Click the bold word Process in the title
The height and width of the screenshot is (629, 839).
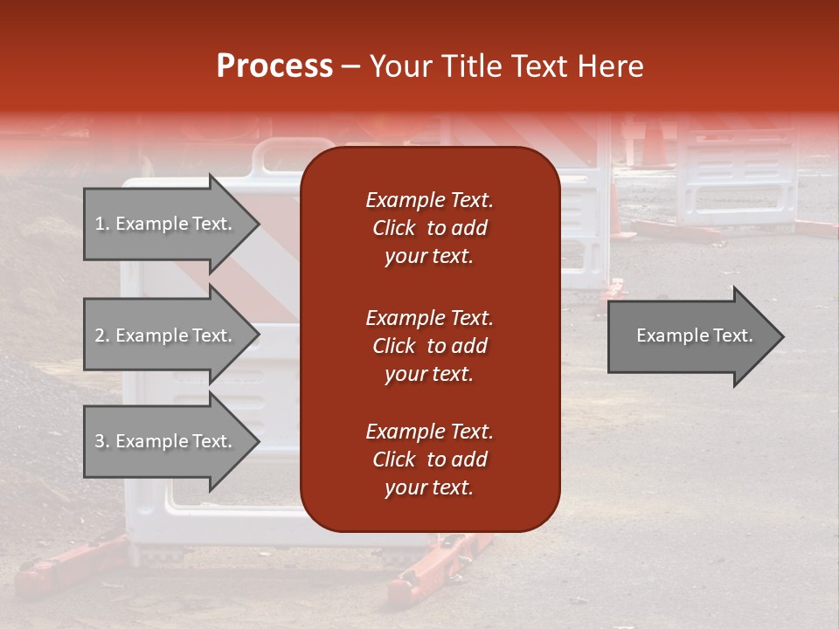[274, 66]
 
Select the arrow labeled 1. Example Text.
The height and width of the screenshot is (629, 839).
[166, 224]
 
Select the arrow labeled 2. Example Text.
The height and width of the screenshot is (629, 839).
[166, 335]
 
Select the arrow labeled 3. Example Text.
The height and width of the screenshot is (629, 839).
[166, 441]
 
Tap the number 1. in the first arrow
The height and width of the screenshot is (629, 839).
[102, 224]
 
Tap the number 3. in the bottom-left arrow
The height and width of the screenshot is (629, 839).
[102, 441]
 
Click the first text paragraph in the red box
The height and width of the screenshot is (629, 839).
[429, 228]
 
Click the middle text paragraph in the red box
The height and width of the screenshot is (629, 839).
[429, 346]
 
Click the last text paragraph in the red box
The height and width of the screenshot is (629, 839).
[429, 460]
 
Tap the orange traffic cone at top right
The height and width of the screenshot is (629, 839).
[654, 144]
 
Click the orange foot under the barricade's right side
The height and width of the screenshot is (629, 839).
[437, 563]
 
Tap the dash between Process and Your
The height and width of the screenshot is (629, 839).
[351, 67]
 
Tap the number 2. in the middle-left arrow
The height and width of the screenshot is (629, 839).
[102, 335]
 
